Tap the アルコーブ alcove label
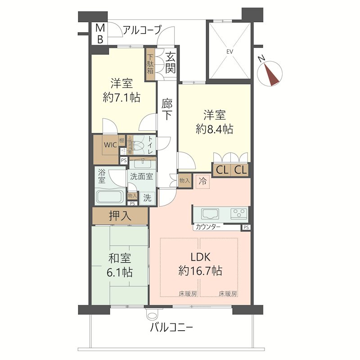[x=142, y=31]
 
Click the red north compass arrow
[x=271, y=74]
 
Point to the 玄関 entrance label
[x=170, y=63]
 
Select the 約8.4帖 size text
[x=214, y=129]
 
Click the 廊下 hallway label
[x=167, y=109]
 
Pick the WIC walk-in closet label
[x=111, y=144]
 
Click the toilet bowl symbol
[x=140, y=145]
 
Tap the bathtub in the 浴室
[x=109, y=197]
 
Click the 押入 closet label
[x=120, y=216]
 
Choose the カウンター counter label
[x=208, y=227]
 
